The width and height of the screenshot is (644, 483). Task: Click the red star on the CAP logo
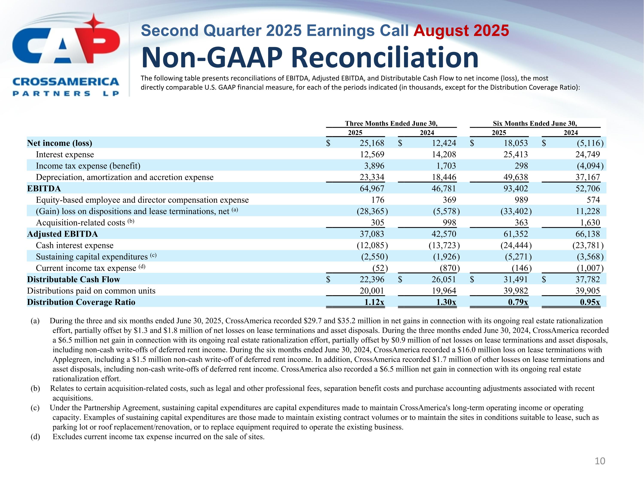(94, 23)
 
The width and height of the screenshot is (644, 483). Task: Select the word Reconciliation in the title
(385, 58)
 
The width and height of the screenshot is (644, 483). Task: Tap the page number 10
(600, 461)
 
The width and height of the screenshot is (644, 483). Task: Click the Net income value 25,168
(372, 143)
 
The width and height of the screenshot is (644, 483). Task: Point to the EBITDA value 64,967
(372, 188)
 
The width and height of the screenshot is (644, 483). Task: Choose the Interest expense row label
(65, 154)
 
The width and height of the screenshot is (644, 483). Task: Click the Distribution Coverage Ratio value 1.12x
(374, 302)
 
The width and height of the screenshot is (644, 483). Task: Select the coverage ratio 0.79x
(518, 302)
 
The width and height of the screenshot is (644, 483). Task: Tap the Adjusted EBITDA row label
(62, 234)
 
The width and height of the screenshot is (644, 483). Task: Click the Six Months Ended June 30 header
(535, 123)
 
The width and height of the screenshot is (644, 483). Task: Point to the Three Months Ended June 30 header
(391, 123)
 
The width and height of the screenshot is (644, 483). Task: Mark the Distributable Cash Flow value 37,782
(588, 279)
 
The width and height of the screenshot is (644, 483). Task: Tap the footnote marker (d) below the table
(35, 436)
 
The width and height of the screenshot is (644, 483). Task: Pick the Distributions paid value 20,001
(372, 291)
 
